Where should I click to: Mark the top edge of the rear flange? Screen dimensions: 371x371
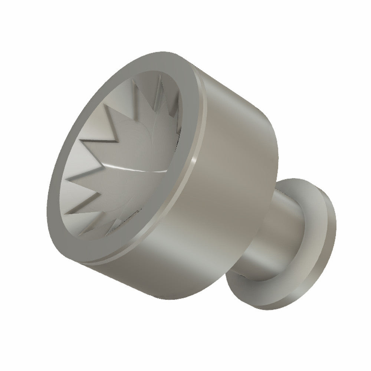pyautogui.click(x=304, y=180)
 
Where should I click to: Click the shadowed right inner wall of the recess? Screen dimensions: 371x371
pyautogui.click(x=174, y=111)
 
